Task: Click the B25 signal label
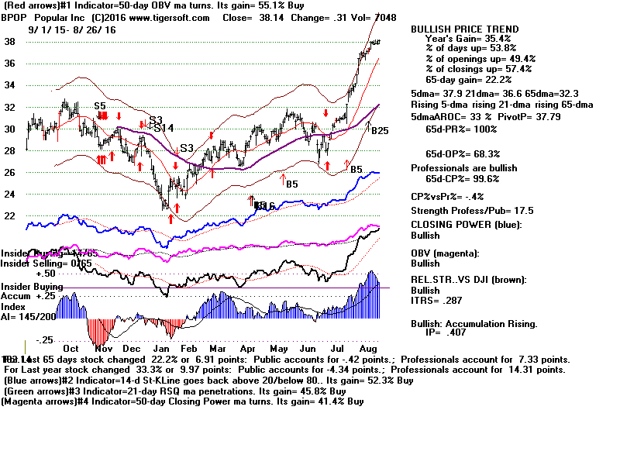(379, 131)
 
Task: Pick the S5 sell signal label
(100, 105)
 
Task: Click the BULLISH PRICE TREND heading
(464, 29)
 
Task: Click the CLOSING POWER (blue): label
(466, 225)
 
